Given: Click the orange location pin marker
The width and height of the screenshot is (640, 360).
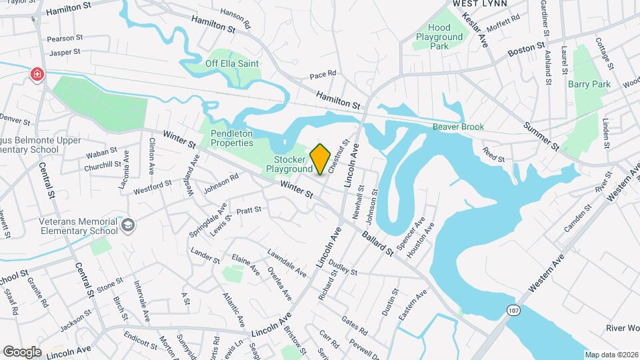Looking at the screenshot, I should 321,159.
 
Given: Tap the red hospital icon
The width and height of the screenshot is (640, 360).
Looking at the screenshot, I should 36,75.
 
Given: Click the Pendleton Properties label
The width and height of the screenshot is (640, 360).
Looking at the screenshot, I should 232,138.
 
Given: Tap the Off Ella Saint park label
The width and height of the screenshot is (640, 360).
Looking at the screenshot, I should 232,63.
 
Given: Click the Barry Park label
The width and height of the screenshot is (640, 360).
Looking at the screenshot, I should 589,85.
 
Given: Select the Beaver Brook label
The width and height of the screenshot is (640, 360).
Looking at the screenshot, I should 457,127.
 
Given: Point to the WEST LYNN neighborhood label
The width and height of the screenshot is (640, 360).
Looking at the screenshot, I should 480,3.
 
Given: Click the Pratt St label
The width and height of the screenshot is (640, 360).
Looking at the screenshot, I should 249,210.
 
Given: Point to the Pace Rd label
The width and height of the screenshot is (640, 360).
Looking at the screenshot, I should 323,73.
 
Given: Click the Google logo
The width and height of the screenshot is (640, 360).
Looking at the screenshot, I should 22,351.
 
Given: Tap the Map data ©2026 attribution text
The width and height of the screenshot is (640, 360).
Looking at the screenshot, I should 611,355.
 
